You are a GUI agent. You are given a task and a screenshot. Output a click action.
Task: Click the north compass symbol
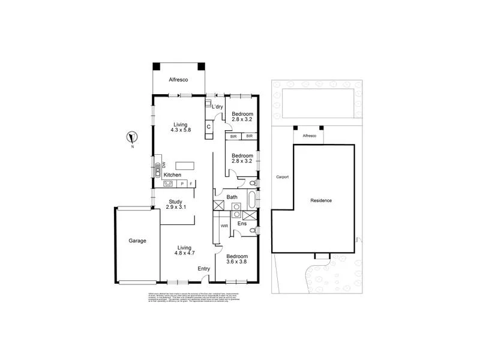132,137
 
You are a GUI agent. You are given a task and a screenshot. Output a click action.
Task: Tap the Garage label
137,241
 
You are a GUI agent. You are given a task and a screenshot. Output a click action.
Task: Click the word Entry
204,268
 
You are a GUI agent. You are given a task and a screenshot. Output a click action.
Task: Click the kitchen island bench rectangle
185,165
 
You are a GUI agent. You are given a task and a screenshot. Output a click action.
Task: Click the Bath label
231,197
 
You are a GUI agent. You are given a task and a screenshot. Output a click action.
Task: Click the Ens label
242,224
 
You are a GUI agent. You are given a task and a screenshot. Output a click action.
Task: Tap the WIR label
224,226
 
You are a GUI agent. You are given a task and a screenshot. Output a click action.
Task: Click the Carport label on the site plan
282,177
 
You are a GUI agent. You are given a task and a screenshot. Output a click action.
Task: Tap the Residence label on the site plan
321,200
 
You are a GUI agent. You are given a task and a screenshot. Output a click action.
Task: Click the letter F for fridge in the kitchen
191,184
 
